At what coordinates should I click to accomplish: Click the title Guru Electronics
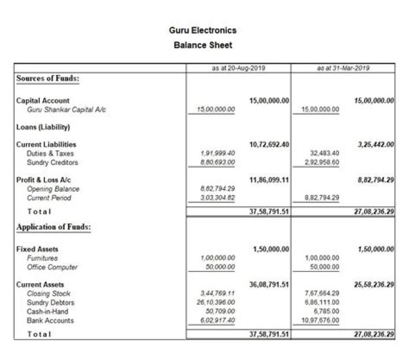click(203, 30)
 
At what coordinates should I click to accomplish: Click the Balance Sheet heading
click(203, 45)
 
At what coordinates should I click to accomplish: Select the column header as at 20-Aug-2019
click(239, 68)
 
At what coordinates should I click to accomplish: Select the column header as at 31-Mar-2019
click(343, 68)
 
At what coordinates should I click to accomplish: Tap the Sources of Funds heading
click(48, 78)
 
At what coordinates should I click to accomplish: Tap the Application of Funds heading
click(54, 227)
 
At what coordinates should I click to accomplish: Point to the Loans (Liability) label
click(43, 127)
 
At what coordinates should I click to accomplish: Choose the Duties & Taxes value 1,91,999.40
click(219, 154)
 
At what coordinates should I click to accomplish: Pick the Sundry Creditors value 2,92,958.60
click(322, 163)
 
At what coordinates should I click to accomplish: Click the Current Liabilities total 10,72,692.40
click(269, 144)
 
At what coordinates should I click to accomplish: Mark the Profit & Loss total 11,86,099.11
click(269, 180)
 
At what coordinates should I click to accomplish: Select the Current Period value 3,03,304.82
click(219, 198)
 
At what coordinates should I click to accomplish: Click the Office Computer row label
click(52, 267)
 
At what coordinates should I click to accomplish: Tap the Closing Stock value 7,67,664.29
click(322, 293)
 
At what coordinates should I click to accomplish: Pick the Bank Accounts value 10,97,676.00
click(320, 321)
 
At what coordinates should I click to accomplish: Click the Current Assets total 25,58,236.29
click(374, 284)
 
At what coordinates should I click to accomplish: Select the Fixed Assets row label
click(37, 249)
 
